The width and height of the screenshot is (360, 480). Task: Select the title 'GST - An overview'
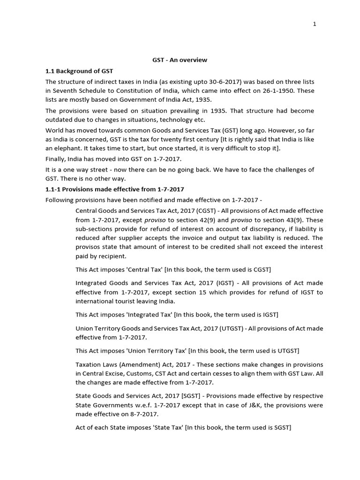point(180,60)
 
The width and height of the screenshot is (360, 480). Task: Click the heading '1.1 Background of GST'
point(79,71)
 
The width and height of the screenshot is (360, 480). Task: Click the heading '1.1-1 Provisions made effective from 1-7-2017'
point(114,189)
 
